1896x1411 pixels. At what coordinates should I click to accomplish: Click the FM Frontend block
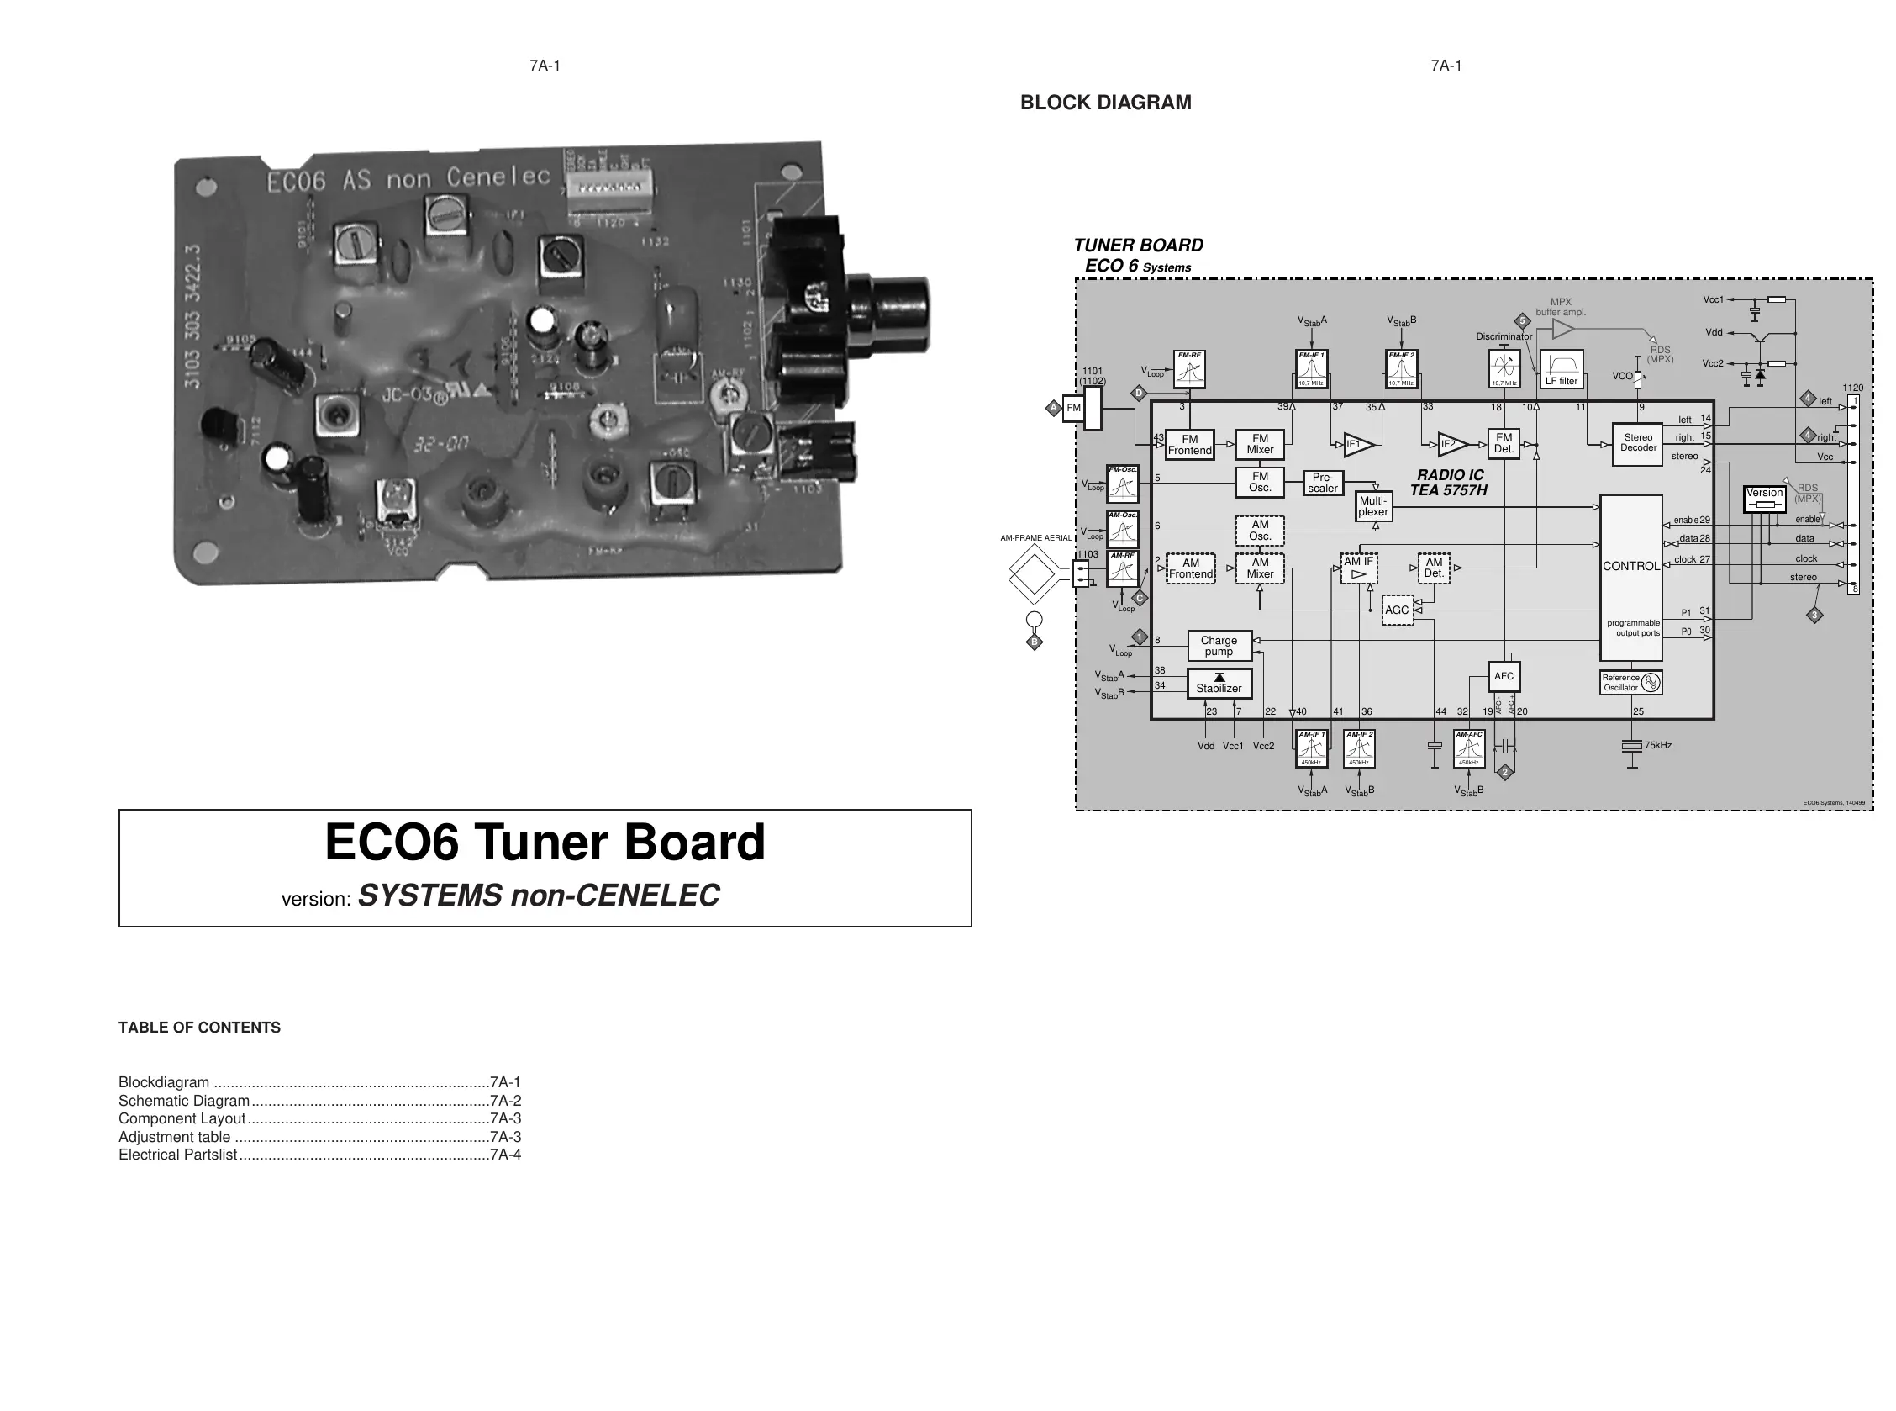1189,445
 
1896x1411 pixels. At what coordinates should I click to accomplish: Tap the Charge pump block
1218,647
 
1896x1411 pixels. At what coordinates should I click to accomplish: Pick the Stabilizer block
1218,684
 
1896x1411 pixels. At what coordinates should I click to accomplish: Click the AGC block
1397,610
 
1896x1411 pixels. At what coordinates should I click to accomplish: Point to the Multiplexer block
1372,506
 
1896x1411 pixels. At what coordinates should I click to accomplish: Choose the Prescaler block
1322,484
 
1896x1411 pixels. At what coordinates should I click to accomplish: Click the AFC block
1504,676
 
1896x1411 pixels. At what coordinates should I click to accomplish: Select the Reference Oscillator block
1630,683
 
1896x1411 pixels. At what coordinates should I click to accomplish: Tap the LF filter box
1562,370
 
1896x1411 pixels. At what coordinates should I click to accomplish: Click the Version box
1764,499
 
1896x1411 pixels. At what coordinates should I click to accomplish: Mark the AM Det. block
1433,568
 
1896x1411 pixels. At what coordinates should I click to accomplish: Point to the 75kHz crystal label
1657,746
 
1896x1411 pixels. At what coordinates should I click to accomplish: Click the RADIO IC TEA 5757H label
1450,483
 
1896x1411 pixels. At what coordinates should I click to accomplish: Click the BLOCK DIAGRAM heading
1105,103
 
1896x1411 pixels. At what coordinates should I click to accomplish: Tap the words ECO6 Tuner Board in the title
545,843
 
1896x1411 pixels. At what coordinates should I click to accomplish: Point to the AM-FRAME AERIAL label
1035,538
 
